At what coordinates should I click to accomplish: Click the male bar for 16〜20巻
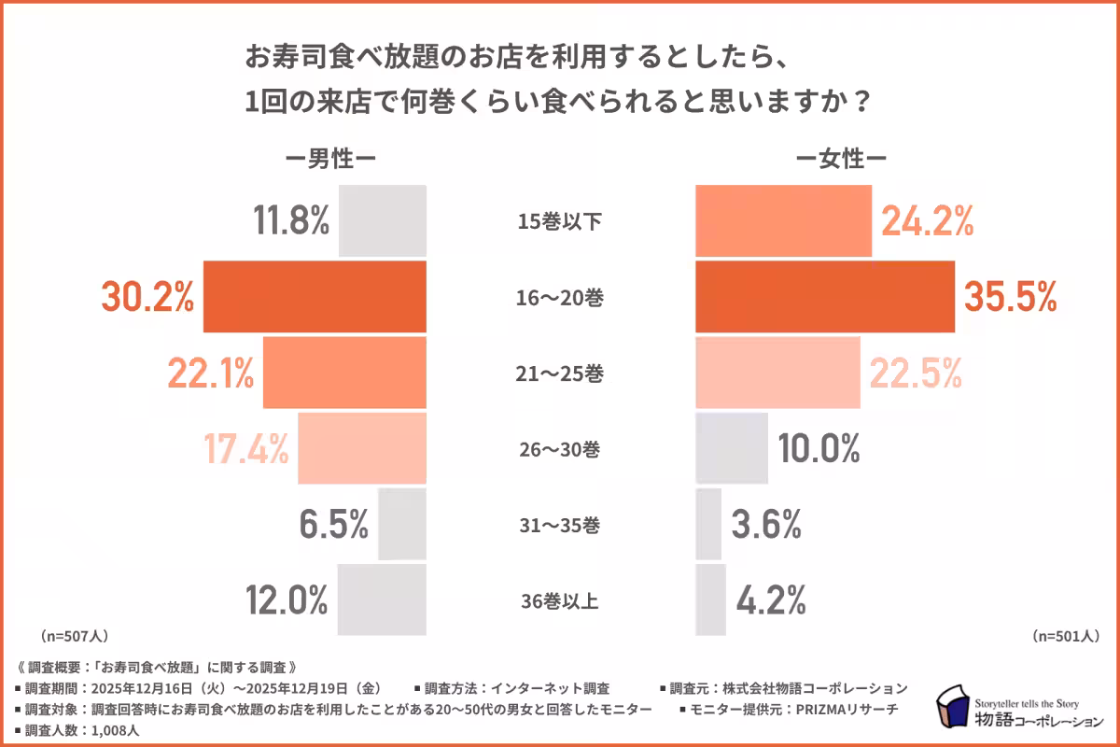click(315, 298)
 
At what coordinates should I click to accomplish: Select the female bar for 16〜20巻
click(825, 298)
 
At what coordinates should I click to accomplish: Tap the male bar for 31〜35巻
click(402, 525)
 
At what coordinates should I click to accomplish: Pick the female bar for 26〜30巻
click(732, 449)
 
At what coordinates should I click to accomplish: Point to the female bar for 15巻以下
click(784, 221)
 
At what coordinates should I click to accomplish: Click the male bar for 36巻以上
click(382, 599)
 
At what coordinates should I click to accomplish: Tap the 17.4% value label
click(245, 449)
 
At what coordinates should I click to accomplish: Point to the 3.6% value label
click(766, 525)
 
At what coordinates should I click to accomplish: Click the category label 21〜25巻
click(561, 374)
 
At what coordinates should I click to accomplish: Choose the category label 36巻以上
click(561, 600)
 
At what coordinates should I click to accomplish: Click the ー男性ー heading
click(330, 160)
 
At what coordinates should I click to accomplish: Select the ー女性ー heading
click(840, 160)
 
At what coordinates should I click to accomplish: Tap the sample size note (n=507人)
click(75, 637)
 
